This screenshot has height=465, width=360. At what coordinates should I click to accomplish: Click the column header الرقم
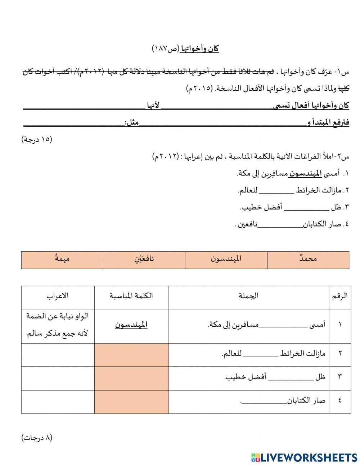click(339, 296)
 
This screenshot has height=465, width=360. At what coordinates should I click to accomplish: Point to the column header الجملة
click(248, 296)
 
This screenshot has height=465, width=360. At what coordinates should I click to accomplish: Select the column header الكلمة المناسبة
click(131, 296)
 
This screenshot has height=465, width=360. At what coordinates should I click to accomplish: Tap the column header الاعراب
click(58, 296)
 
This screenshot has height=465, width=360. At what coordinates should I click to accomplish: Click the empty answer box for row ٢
click(131, 355)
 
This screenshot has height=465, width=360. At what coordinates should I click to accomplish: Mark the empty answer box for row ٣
click(131, 378)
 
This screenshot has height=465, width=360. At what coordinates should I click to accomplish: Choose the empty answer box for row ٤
click(131, 401)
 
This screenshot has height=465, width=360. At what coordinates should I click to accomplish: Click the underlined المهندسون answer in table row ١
click(131, 325)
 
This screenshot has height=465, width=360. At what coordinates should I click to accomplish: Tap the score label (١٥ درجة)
click(37, 139)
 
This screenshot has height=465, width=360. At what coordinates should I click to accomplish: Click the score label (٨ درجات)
click(37, 438)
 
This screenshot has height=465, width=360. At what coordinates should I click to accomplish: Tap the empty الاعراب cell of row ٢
click(58, 355)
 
